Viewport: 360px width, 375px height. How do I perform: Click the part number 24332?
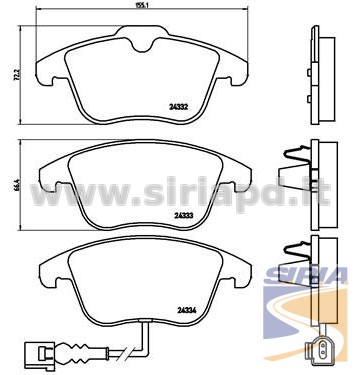point(179,107)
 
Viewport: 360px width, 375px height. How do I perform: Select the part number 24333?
point(184,216)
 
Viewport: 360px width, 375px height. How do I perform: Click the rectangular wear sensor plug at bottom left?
point(40,352)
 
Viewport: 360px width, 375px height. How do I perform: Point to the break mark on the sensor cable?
point(128,352)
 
